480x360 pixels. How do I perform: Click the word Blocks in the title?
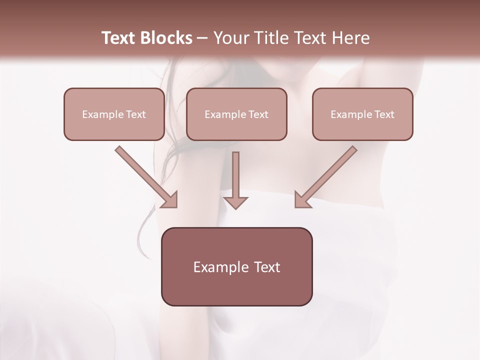click(167, 38)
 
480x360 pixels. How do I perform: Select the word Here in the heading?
click(350, 38)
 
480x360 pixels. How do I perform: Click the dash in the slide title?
click(202, 38)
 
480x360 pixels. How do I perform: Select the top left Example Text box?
click(114, 114)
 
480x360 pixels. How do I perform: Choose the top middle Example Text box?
click(236, 114)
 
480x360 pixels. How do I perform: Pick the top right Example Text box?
click(362, 114)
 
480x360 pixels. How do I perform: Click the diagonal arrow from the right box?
click(327, 175)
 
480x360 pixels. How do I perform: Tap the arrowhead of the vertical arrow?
click(235, 202)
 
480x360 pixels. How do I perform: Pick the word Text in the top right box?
click(384, 114)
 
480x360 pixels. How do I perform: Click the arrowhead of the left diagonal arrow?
click(170, 200)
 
